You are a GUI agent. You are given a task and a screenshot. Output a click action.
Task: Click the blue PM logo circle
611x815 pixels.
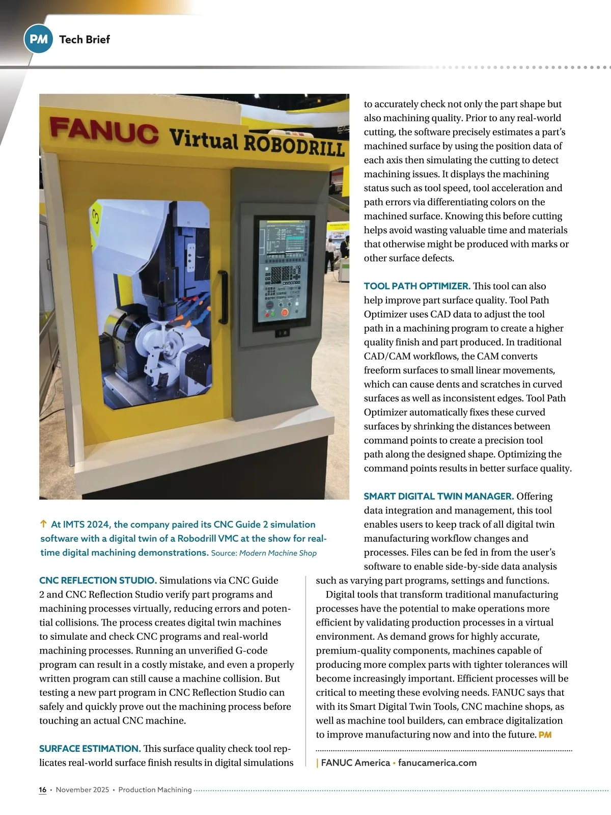pyautogui.click(x=38, y=39)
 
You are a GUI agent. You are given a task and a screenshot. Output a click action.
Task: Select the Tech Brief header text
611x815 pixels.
pyautogui.click(x=85, y=39)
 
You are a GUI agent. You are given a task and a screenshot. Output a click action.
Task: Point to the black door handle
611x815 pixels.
pyautogui.click(x=223, y=297)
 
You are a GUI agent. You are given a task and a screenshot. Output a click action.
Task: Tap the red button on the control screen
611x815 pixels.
pyautogui.click(x=285, y=312)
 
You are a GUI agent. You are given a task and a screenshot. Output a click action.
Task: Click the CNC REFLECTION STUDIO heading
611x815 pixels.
pyautogui.click(x=98, y=580)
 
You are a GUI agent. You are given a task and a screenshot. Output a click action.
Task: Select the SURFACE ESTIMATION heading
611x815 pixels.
pyautogui.click(x=90, y=748)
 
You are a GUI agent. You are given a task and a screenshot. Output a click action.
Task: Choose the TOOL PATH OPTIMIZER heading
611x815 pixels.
pyautogui.click(x=417, y=286)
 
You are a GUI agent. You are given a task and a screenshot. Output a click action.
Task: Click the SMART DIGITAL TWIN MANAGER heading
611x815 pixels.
pyautogui.click(x=438, y=496)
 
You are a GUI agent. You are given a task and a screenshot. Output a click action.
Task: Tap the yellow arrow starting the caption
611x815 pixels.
pyautogui.click(x=43, y=524)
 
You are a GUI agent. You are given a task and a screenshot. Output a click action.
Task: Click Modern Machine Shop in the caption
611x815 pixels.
pyautogui.click(x=278, y=553)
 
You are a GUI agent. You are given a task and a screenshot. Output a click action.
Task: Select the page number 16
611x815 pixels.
pyautogui.click(x=43, y=790)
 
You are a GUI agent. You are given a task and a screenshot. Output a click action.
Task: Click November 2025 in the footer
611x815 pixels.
pyautogui.click(x=82, y=790)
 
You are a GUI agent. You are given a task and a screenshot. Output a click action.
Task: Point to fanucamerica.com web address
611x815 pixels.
pyautogui.click(x=437, y=763)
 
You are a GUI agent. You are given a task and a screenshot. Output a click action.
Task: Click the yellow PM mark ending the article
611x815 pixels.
pyautogui.click(x=545, y=735)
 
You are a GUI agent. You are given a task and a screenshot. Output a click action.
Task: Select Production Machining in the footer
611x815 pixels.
pyautogui.click(x=155, y=790)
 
